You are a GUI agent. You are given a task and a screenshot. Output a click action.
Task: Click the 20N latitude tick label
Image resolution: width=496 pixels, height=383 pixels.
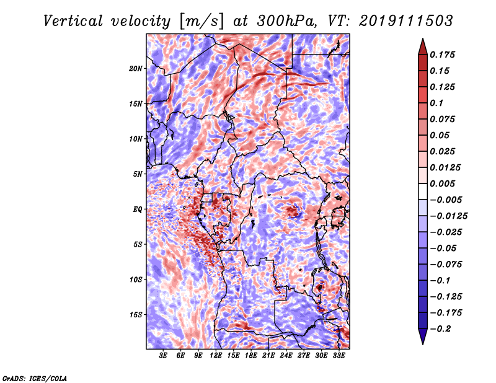tap(136, 68)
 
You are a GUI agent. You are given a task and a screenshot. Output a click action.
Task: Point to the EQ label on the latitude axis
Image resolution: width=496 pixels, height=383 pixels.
tap(137, 209)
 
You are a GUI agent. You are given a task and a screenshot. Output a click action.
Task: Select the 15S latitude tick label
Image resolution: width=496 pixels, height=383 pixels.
tap(136, 314)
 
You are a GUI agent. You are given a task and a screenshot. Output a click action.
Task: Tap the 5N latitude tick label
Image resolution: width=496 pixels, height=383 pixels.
tap(138, 174)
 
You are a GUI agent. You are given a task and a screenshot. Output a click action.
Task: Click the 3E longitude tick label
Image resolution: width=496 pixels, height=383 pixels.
tap(163, 356)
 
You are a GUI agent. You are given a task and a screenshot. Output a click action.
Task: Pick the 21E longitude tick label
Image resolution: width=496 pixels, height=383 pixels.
tap(268, 356)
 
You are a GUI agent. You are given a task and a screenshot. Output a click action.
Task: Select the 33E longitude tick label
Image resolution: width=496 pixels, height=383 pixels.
tap(339, 356)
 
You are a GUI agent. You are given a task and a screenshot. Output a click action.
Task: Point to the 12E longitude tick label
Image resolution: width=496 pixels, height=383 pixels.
tap(216, 356)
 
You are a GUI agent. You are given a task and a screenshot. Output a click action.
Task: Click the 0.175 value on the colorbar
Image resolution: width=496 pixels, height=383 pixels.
tap(444, 55)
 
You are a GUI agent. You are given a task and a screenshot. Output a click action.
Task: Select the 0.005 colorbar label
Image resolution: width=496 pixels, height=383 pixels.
tap(444, 183)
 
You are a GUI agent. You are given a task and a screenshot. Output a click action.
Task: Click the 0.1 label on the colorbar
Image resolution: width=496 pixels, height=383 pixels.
tap(436, 103)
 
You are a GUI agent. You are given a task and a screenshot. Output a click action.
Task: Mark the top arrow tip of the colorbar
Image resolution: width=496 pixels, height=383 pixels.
tap(422, 40)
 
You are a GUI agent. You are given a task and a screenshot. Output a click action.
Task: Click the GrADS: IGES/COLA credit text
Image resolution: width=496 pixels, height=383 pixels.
tap(35, 377)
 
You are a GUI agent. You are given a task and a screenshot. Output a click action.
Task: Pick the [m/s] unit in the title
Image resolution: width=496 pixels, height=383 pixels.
tap(203, 21)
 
